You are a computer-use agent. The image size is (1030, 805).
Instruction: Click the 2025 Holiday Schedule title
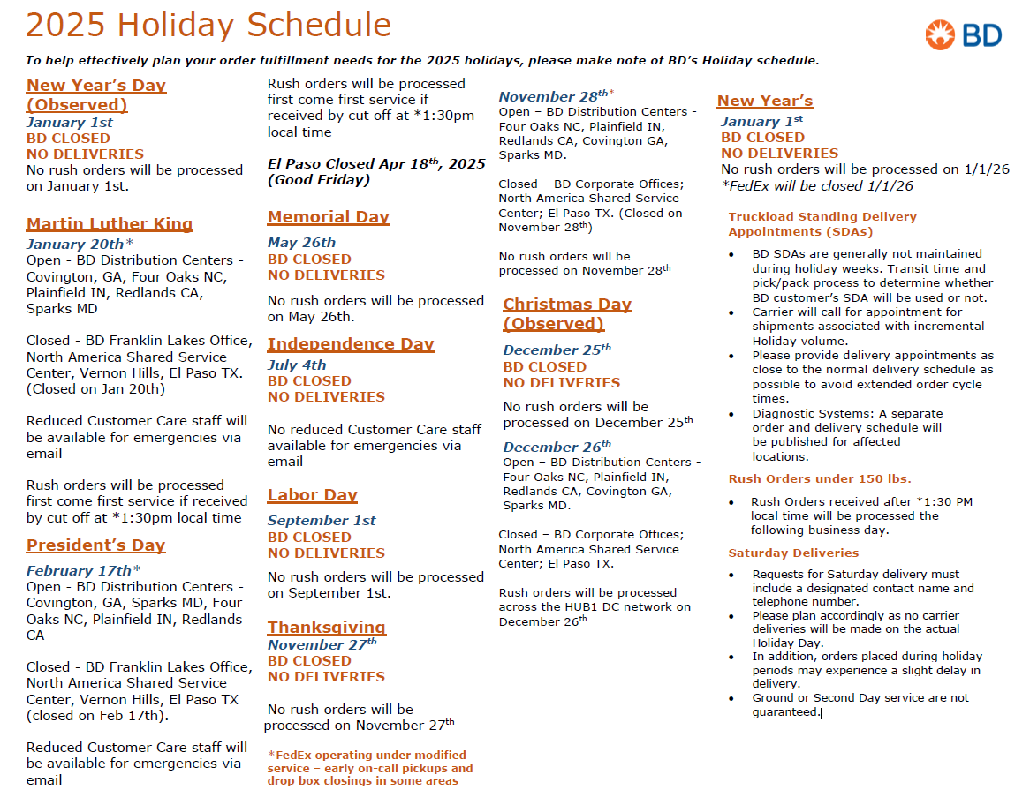coord(208,25)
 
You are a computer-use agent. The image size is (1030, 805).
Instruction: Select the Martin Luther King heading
coord(110,224)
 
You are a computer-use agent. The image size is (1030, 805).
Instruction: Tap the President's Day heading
coord(96,545)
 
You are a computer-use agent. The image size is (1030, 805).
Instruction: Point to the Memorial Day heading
coord(329,217)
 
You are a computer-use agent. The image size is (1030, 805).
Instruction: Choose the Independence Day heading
coord(351,344)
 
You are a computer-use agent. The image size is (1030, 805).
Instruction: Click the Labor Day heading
coord(313,496)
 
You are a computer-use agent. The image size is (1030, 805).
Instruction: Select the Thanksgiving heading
coord(327,628)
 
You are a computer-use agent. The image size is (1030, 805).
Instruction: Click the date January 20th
coord(76,245)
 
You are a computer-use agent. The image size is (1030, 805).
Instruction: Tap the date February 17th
coord(80,571)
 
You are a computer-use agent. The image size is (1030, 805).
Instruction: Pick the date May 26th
coord(302,243)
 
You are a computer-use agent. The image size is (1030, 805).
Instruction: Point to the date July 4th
coord(297,365)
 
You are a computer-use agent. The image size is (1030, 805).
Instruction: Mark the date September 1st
coord(322,521)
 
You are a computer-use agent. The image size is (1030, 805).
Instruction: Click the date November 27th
coord(322,645)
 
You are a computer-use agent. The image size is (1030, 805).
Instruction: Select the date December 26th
coord(557,447)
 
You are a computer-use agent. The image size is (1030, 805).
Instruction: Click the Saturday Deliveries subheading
coord(793,553)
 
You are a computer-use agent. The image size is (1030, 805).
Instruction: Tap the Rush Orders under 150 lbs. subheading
coord(820,479)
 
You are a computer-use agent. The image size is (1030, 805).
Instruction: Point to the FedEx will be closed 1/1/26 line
coord(817,186)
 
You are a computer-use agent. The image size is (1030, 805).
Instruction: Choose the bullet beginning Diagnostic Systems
coord(846,435)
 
